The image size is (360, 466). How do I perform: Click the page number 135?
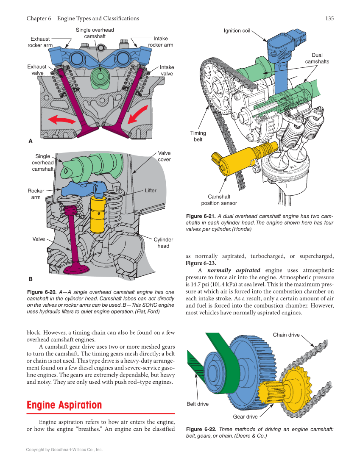[x=329, y=18]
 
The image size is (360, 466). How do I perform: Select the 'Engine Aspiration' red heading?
[x=64, y=405]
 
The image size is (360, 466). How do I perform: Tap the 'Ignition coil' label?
[x=237, y=31]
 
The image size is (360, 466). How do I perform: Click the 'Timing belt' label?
[x=198, y=136]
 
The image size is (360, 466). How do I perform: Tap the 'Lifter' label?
[x=151, y=191]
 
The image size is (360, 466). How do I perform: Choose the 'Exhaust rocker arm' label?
[x=40, y=42]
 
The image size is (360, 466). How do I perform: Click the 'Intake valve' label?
[x=167, y=70]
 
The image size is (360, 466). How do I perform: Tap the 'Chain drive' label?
[x=286, y=335]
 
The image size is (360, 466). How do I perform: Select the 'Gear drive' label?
[x=245, y=417]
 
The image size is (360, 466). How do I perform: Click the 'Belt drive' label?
[x=198, y=404]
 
